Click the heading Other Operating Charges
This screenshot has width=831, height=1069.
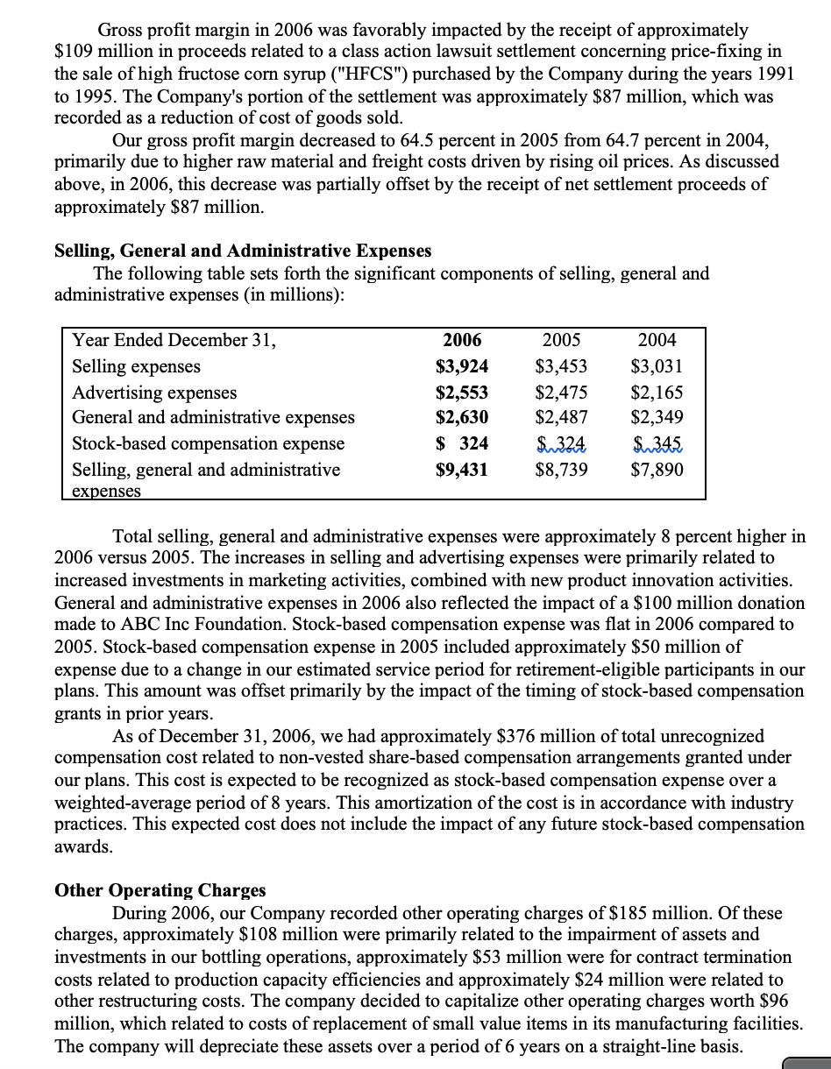(x=160, y=890)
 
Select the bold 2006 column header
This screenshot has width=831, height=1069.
(x=462, y=340)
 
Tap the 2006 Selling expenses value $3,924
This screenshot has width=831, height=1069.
(x=462, y=366)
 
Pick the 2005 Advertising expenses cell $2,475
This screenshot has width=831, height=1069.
(x=561, y=393)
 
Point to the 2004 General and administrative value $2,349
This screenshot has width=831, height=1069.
(x=657, y=417)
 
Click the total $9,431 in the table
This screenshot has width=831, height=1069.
(x=462, y=470)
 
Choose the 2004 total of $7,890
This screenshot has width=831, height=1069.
(x=657, y=470)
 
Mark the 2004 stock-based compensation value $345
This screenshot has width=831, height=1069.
(x=660, y=443)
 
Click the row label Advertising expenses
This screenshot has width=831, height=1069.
(x=154, y=393)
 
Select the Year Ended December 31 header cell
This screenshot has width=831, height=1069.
(x=174, y=340)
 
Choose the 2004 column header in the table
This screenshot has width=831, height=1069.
(x=657, y=340)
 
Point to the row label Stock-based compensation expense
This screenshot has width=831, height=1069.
(x=208, y=443)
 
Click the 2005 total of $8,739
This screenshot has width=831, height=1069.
(x=561, y=470)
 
